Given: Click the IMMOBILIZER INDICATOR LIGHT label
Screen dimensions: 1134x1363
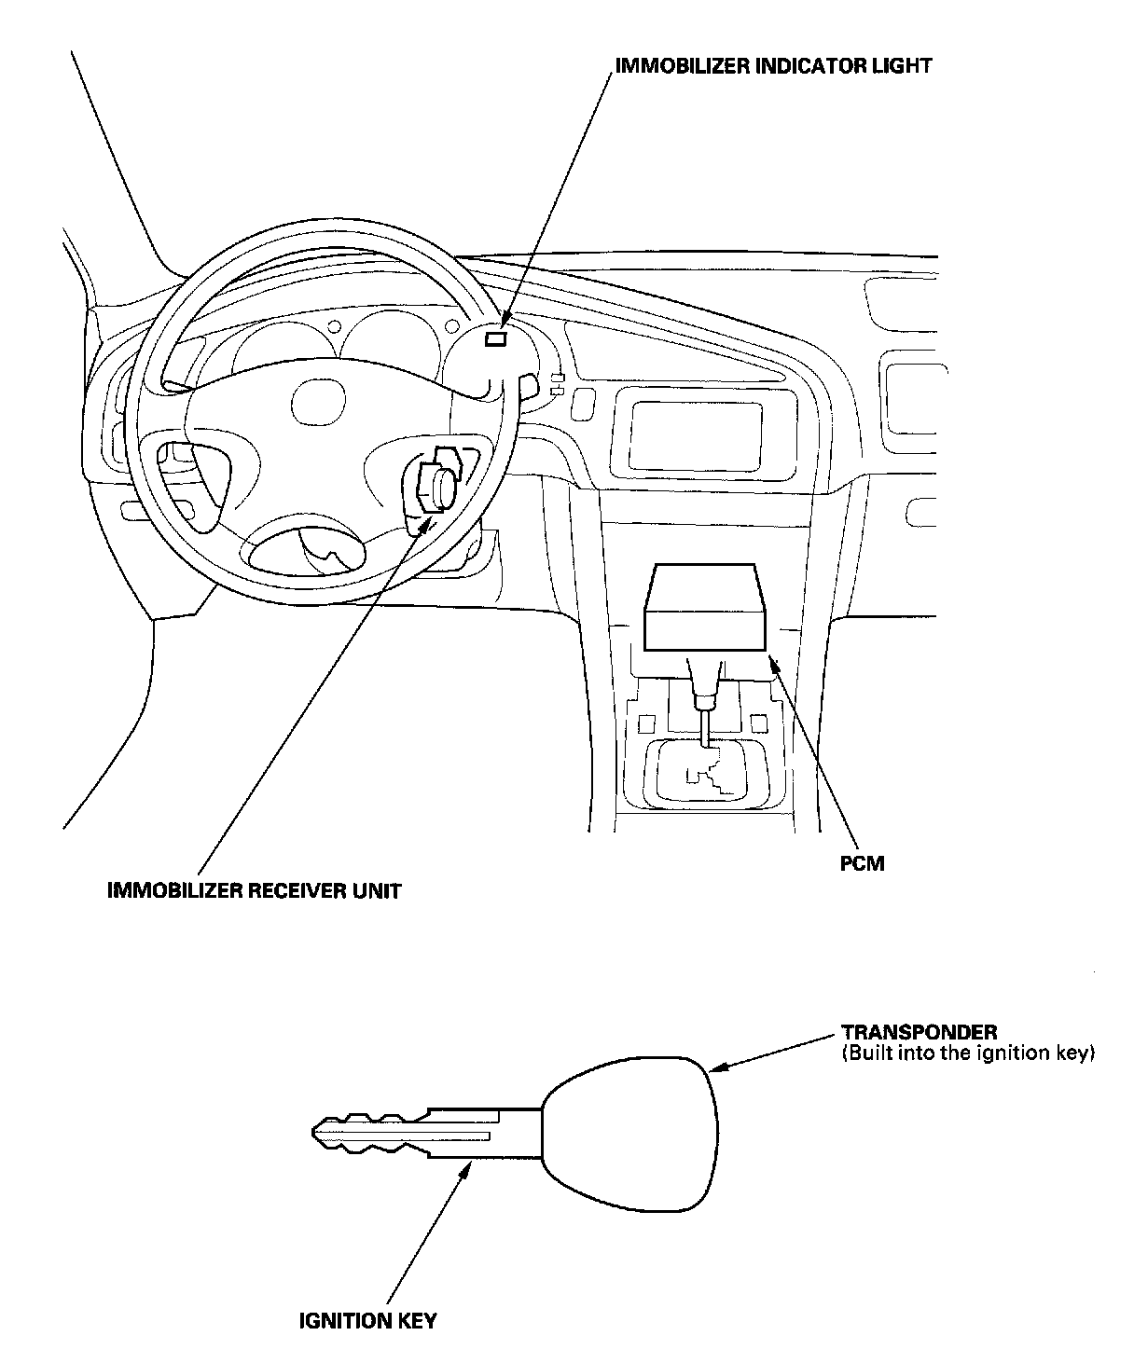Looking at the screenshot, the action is (x=773, y=66).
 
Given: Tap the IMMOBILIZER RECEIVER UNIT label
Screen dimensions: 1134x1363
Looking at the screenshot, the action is (x=255, y=890).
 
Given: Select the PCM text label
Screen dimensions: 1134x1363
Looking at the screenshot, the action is (x=862, y=863).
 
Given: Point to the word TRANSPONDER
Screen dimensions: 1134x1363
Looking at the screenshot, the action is (x=920, y=1032).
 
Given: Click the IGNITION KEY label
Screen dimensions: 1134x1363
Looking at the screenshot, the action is (x=367, y=1321).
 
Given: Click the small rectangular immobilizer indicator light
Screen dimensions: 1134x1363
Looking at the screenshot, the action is (x=496, y=339).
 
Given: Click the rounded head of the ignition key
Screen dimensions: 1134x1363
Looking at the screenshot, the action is (x=630, y=1132).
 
